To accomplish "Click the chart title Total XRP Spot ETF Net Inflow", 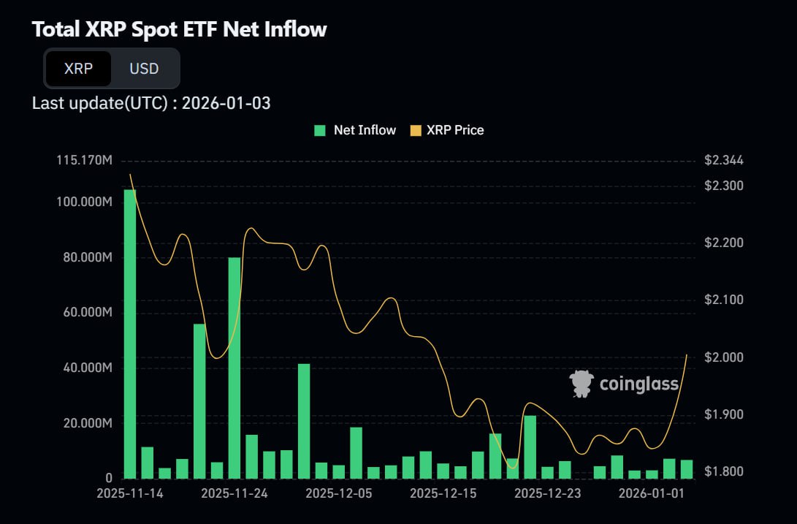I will pyautogui.click(x=180, y=30).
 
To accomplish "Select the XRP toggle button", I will pyautogui.click(x=78, y=69).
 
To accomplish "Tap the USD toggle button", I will pyautogui.click(x=144, y=69).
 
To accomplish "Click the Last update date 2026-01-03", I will pyautogui.click(x=226, y=103).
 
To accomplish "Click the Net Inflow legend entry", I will pyautogui.click(x=355, y=130).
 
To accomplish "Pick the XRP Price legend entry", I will pyautogui.click(x=447, y=130).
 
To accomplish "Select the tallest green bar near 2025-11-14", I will pyautogui.click(x=130, y=333).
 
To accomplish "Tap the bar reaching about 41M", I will pyautogui.click(x=304, y=421).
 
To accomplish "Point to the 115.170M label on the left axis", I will pyautogui.click(x=85, y=160).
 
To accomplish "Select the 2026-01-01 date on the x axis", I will pyautogui.click(x=652, y=493).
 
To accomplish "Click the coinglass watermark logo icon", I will pyautogui.click(x=581, y=384).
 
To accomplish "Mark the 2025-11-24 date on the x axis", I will pyautogui.click(x=234, y=493).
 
